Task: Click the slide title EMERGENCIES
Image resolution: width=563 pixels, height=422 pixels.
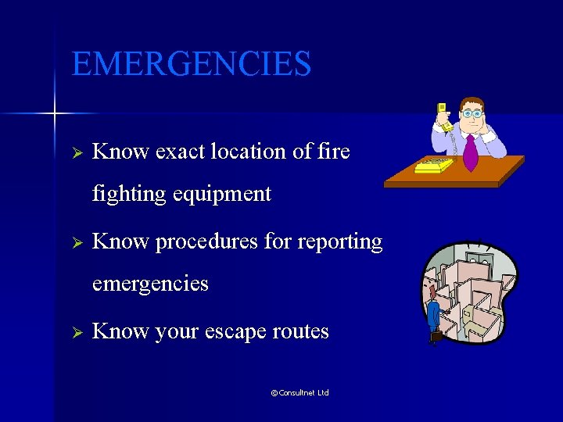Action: pyautogui.click(x=191, y=64)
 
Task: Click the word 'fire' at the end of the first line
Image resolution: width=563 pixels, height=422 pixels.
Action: pyautogui.click(x=333, y=152)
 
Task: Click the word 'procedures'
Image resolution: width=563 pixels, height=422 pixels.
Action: pyautogui.click(x=206, y=242)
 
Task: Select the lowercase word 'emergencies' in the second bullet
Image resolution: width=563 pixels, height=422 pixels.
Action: pyautogui.click(x=150, y=283)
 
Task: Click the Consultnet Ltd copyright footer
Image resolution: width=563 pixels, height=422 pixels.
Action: pyautogui.click(x=299, y=392)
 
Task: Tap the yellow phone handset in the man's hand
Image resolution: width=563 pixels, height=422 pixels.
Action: pyautogui.click(x=443, y=117)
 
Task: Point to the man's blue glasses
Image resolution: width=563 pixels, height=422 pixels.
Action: pyautogui.click(x=472, y=113)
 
